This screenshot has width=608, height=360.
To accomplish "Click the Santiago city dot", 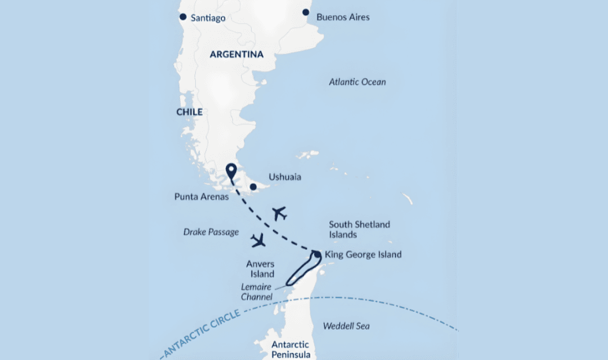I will pos(183,17).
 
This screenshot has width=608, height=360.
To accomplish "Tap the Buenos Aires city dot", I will pos(306,12).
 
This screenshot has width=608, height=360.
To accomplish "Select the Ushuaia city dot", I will pos(253,187).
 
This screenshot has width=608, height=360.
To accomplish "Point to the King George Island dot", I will pos(318,254).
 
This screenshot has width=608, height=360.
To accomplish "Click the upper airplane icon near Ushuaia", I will pos(279,213).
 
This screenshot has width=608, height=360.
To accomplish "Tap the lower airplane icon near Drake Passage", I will pos(258,240).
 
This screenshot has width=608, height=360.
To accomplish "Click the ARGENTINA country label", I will pos(236,55).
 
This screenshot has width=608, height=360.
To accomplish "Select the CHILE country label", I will pos(190,112).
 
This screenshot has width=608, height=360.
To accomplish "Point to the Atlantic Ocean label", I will pos(357,82).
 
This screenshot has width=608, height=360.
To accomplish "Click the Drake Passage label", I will pos(211,232).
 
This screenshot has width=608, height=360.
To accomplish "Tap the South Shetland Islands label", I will pos(359,229).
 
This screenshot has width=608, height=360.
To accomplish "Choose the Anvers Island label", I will pos(260,268).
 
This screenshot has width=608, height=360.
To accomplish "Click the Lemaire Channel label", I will pos(256,291).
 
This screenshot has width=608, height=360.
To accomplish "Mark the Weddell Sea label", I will pos(346,326).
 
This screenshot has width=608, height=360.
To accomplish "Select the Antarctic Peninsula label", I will pos(290,349).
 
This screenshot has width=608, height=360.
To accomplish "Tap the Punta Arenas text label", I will pos(201,197).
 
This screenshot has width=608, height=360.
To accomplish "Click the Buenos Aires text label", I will pos(343,17).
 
